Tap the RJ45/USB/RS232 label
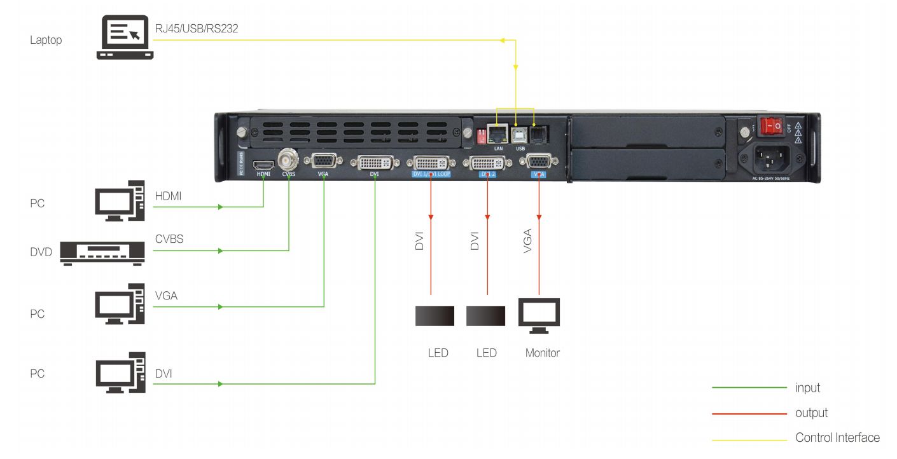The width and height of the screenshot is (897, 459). click(197, 28)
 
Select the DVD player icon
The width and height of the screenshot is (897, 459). click(104, 252)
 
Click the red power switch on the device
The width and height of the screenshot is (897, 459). click(772, 127)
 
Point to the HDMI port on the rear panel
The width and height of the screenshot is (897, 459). click(263, 164)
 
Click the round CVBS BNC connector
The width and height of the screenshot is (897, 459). click(289, 158)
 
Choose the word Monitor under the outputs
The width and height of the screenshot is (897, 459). click(542, 353)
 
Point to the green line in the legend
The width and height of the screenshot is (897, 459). click(749, 387)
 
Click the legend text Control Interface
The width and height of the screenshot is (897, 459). click(837, 437)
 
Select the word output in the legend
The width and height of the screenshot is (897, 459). click(811, 413)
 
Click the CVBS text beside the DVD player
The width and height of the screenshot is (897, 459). click(170, 239)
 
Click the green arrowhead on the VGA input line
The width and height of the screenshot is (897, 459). click(221, 306)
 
